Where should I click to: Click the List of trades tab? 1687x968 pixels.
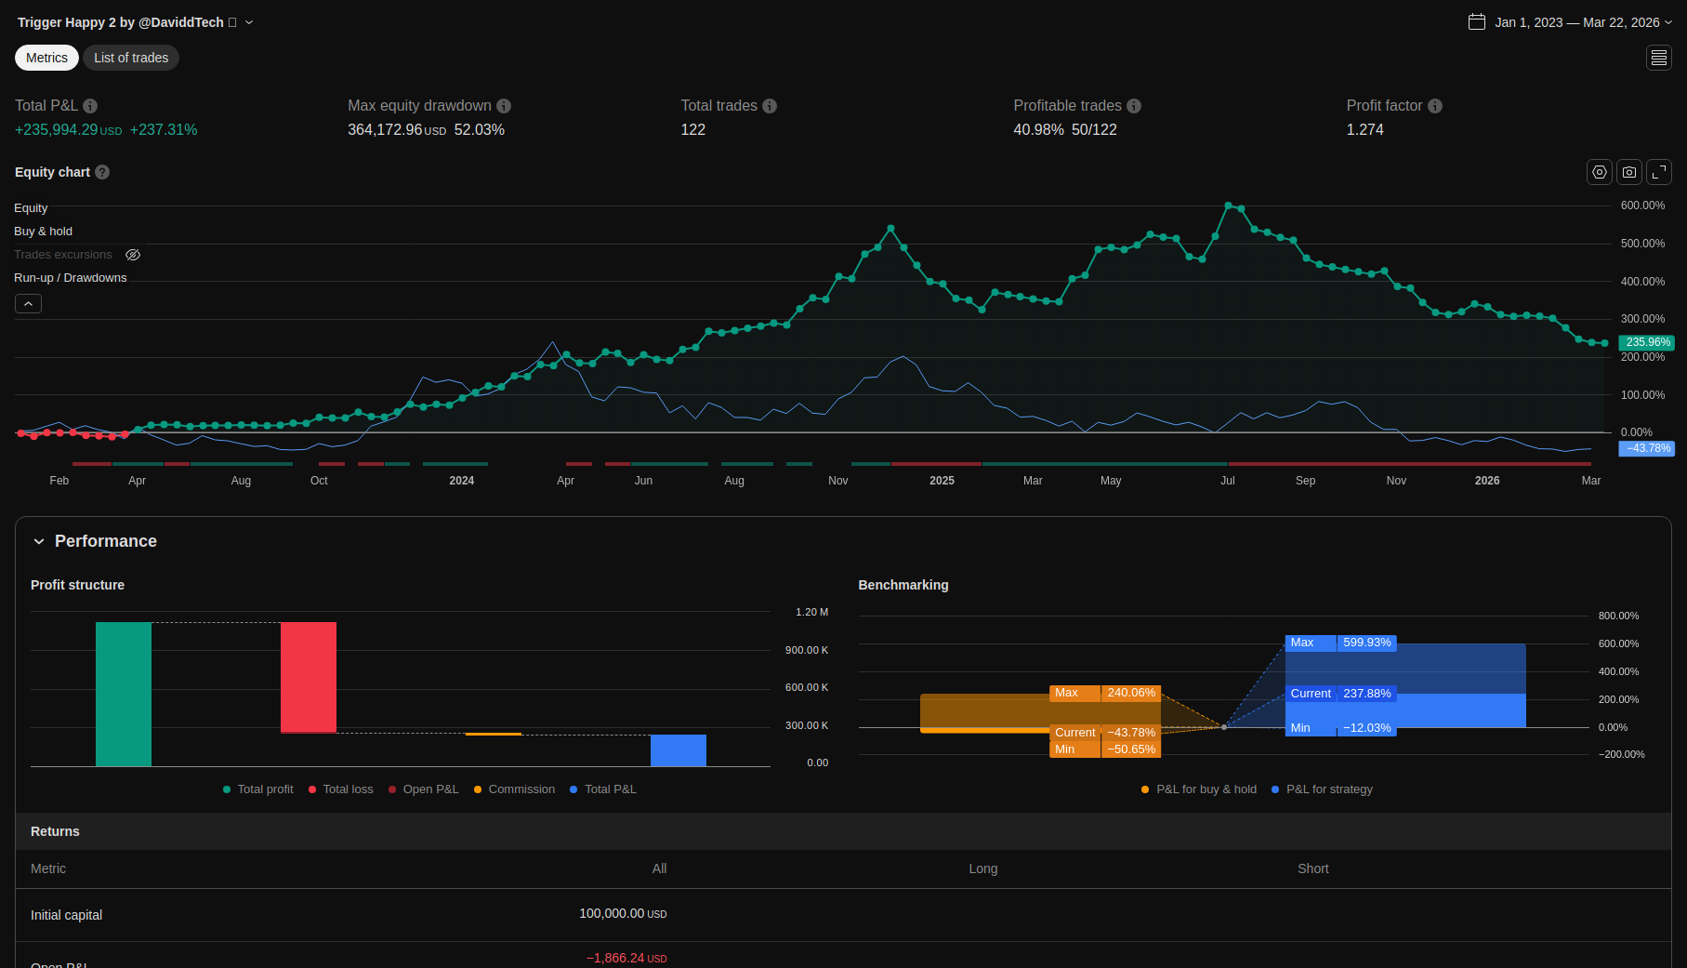tap(131, 58)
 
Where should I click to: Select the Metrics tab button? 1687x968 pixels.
tap(46, 58)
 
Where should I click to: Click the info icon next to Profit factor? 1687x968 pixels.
tap(1435, 106)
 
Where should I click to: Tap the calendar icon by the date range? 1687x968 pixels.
tap(1476, 21)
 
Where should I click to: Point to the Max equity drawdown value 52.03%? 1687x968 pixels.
tap(479, 130)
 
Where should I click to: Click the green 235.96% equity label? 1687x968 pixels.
tap(1647, 342)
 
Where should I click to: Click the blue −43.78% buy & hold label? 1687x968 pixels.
tap(1647, 448)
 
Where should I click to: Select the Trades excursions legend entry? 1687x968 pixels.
tap(63, 255)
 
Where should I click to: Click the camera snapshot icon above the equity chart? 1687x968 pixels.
tap(1629, 172)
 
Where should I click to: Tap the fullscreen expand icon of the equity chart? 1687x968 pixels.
tap(1659, 172)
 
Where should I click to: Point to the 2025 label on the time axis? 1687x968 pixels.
tap(942, 481)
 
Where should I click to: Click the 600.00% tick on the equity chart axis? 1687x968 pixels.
tap(1642, 206)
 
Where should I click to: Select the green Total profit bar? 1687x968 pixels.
tap(124, 694)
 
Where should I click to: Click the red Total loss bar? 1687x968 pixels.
tap(309, 677)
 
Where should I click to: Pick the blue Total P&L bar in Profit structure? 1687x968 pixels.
tap(679, 750)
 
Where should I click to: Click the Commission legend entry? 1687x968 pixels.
tap(521, 789)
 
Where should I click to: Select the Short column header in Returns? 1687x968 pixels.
tap(1312, 869)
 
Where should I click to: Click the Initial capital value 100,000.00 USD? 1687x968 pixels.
tap(622, 914)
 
